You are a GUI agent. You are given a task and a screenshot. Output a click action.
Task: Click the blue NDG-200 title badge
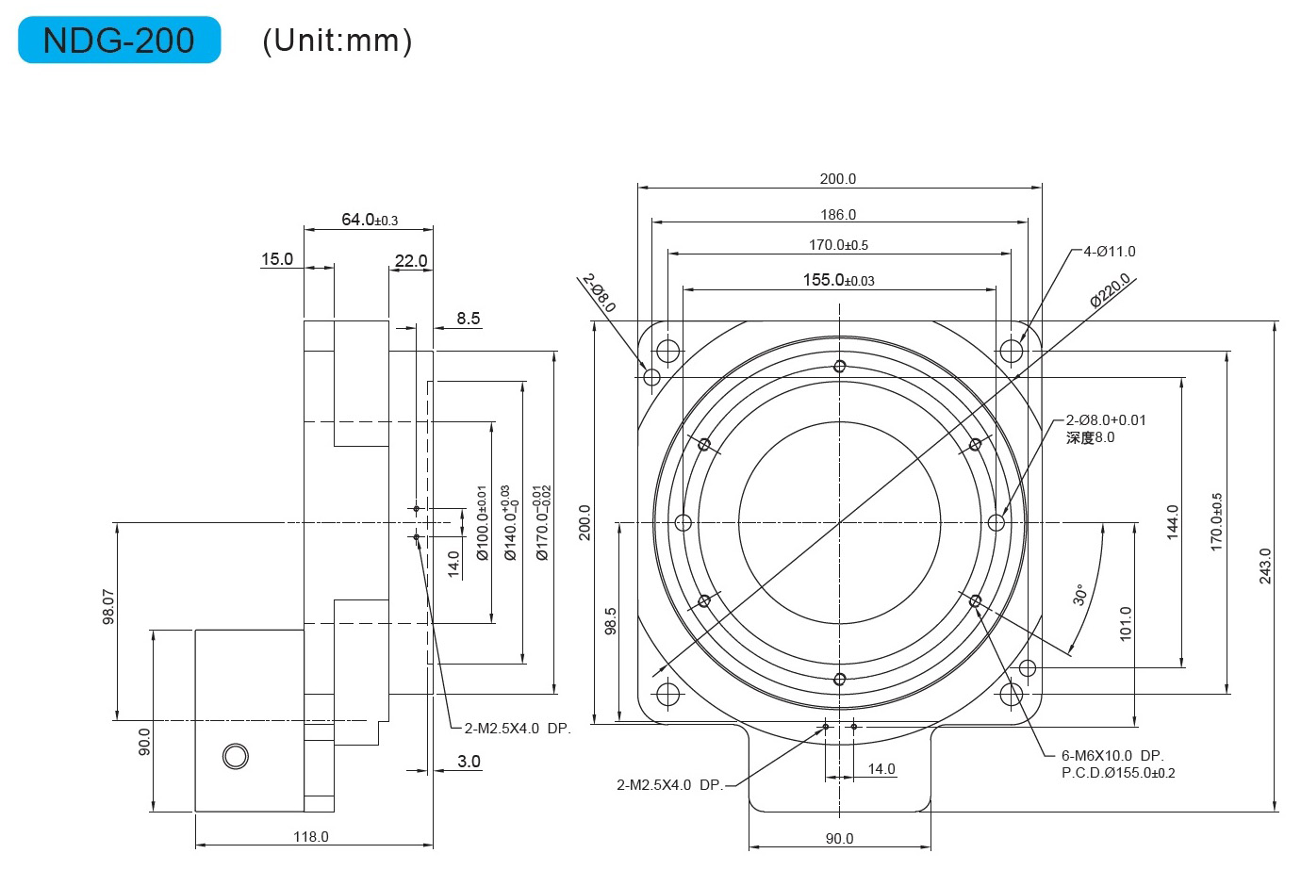pos(120,40)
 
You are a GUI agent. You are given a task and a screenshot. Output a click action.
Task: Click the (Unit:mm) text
pos(338,41)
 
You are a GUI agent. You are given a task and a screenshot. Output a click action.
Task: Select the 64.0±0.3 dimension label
pos(370,220)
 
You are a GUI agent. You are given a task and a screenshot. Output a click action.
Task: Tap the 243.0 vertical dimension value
pos(1265,566)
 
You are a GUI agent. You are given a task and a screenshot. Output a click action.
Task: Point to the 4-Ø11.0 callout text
pos(1110,252)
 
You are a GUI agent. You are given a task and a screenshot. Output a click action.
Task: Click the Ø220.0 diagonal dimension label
pos(1110,289)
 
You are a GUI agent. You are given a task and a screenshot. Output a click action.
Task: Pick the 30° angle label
pos(1079,595)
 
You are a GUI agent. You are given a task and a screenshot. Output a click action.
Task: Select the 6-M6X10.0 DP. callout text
pos(1112,756)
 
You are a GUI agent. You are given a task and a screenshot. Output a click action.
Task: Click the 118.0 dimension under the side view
pos(311,837)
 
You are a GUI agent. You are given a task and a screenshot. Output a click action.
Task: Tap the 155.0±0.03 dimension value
pos(839,280)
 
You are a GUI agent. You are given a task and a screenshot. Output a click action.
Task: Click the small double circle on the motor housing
pos(236,757)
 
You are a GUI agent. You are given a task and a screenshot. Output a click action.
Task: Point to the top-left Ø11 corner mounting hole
pos(667,351)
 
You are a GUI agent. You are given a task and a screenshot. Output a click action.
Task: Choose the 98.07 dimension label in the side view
pos(108,607)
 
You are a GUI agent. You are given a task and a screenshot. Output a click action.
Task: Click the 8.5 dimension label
pos(469,319)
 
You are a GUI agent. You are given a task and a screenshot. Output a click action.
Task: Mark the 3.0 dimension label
pos(469,762)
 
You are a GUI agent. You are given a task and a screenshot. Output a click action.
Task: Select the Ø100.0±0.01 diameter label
pos(482,523)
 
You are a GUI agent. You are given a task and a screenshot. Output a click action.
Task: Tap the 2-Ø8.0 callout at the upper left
pos(599,293)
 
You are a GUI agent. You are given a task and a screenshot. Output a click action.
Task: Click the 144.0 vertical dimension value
pos(1173,522)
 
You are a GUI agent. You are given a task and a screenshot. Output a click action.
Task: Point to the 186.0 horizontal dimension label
pos(838,215)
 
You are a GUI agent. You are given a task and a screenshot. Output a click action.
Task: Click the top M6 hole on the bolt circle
pos(839,367)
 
